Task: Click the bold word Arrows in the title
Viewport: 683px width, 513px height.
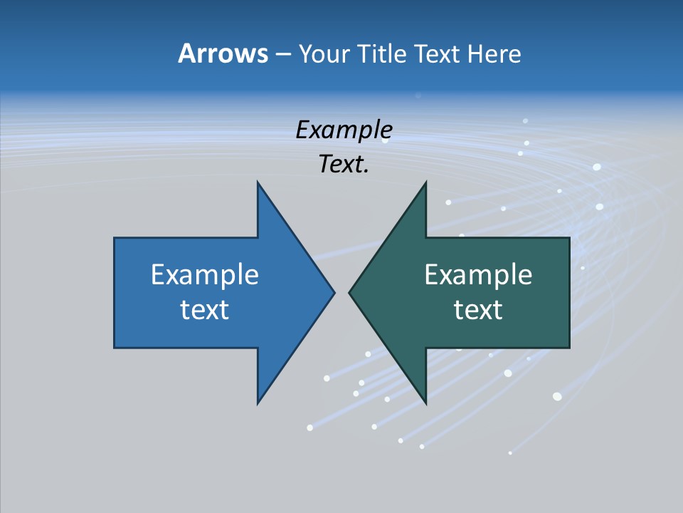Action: pos(223,53)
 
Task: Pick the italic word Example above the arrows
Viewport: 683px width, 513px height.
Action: pos(344,130)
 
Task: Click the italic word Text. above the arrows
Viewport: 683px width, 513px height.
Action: pos(344,165)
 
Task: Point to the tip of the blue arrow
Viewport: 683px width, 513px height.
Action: pos(334,292)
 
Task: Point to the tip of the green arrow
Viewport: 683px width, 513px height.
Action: pos(349,292)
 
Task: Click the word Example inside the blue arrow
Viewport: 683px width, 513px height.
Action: pos(205,275)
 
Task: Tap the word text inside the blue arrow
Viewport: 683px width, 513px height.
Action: pos(205,310)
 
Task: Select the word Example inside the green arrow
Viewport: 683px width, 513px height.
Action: pos(478,275)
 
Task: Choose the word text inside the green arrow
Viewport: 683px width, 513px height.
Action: pos(478,310)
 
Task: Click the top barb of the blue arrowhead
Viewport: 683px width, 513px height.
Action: pos(258,183)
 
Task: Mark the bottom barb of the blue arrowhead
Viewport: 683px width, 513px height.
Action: pos(258,403)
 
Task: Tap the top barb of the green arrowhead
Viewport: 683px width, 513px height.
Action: pos(425,183)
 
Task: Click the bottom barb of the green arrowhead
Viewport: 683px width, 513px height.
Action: pos(425,403)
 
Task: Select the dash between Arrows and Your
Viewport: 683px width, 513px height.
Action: pos(282,55)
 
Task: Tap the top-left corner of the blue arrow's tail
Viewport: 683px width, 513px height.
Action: pos(115,238)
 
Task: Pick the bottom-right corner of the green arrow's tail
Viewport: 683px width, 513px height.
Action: pos(569,348)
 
